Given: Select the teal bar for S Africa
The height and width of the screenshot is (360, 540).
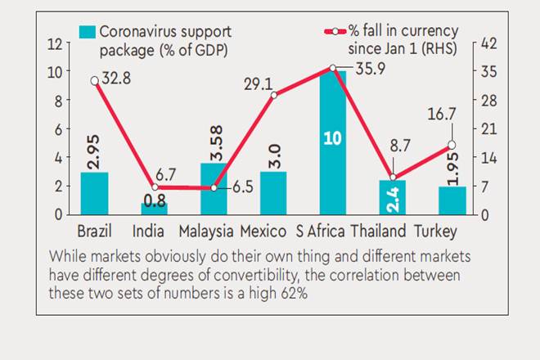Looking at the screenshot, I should tap(332, 142).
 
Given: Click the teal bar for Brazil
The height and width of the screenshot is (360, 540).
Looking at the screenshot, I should tap(94, 193).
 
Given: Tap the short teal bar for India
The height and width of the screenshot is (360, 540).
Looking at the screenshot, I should tap(154, 208).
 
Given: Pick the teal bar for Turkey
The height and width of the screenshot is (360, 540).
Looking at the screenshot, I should tap(452, 200).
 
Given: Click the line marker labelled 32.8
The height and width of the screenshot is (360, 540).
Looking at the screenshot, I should tap(94, 80).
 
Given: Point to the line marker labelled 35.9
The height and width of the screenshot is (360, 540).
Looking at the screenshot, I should tap(333, 68).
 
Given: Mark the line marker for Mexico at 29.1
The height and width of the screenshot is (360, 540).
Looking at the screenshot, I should tap(274, 95).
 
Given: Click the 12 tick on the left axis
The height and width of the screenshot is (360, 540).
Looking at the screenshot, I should tap(56, 43).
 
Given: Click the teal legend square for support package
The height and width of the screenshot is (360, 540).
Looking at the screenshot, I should tap(86, 33).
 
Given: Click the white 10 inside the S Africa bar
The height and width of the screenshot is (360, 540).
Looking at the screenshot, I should tap(332, 138).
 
